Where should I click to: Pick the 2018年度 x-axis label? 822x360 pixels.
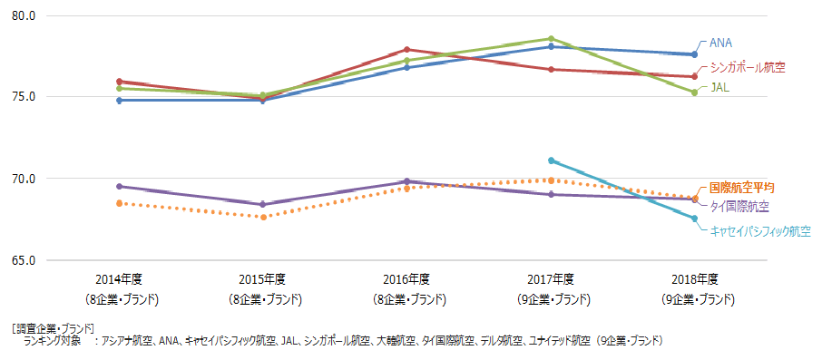695,279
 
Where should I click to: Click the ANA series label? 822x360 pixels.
720,43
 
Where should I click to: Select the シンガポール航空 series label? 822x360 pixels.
747,66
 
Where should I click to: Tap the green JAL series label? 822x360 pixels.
719,88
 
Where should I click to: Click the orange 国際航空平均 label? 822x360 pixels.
741,187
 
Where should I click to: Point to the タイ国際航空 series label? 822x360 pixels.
739,206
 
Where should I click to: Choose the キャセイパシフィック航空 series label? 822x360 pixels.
760,231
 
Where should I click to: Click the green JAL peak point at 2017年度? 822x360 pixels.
551,39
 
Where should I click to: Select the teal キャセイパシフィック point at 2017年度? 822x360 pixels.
551,161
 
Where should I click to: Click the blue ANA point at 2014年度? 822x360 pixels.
119,100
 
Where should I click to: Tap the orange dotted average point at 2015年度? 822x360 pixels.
263,217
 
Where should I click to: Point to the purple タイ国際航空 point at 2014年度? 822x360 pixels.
119,186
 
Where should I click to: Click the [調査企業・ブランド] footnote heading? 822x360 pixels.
54,327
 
